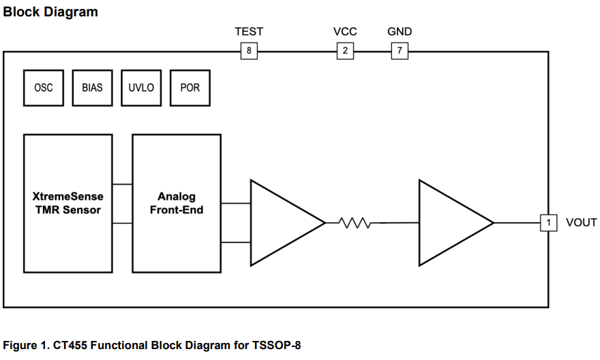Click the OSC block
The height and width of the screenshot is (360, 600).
click(43, 88)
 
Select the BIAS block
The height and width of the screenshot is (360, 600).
click(92, 88)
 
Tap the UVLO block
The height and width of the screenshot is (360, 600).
click(141, 88)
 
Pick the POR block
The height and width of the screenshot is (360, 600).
click(190, 88)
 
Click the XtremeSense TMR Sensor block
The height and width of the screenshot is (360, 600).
click(67, 203)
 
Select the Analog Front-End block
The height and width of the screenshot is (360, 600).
click(177, 203)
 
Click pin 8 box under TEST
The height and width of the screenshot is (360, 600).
click(249, 51)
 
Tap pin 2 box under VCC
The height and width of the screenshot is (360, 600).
click(345, 51)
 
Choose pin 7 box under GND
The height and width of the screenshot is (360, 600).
click(400, 51)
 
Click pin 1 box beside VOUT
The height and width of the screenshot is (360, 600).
click(548, 222)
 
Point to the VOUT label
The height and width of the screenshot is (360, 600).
click(581, 222)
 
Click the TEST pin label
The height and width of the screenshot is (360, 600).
click(249, 31)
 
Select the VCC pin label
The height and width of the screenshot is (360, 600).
click(345, 31)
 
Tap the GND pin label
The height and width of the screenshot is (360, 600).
click(400, 31)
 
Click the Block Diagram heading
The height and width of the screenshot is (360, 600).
click(51, 12)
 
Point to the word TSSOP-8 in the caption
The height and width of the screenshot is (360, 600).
click(277, 345)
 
